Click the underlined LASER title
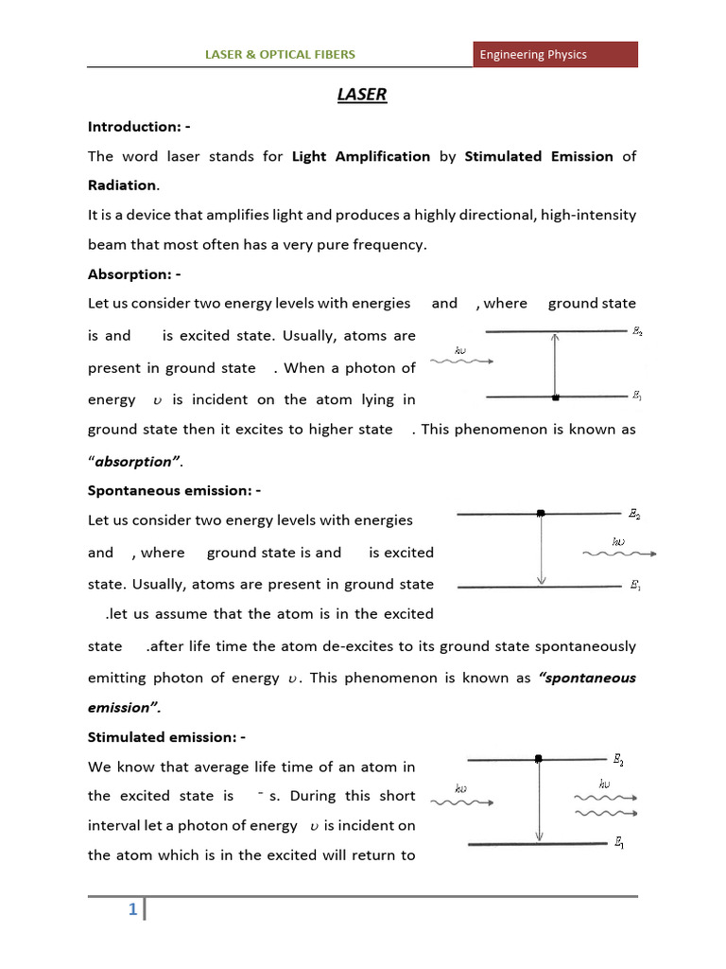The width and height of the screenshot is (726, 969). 362,95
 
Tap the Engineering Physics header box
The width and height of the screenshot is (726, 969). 555,54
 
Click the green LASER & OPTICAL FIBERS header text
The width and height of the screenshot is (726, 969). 281,54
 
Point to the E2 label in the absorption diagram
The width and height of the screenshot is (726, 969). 638,332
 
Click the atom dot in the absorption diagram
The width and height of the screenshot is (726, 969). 556,396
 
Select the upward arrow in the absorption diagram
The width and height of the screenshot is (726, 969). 555,364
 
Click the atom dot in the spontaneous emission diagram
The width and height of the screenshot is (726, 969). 540,513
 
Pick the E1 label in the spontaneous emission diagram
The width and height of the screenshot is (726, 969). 636,586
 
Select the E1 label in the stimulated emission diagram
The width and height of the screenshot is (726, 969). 618,844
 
